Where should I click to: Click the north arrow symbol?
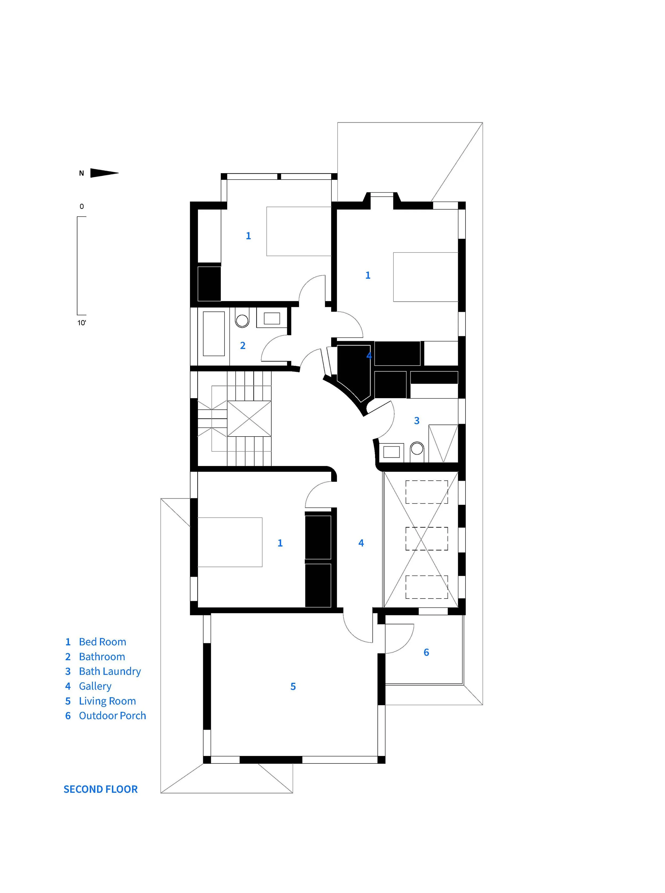[104, 173]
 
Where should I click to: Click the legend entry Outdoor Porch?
[105, 716]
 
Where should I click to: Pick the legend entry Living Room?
[101, 701]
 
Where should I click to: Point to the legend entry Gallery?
[88, 686]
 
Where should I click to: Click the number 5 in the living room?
[293, 687]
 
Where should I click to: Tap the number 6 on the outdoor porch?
[426, 652]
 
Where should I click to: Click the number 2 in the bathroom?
[243, 346]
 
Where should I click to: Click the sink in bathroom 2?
[272, 318]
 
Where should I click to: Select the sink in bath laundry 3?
[391, 452]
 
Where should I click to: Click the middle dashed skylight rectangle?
[427, 539]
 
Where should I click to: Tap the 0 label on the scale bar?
[82, 206]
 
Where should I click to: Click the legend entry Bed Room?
[96, 642]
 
